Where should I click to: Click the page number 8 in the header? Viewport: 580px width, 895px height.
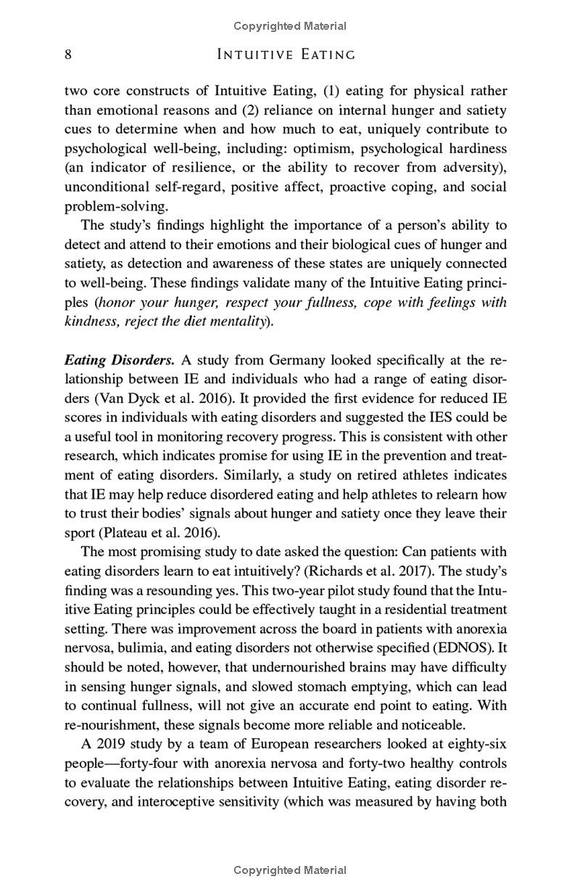[x=68, y=54]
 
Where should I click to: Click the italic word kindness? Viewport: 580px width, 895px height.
[x=90, y=322]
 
